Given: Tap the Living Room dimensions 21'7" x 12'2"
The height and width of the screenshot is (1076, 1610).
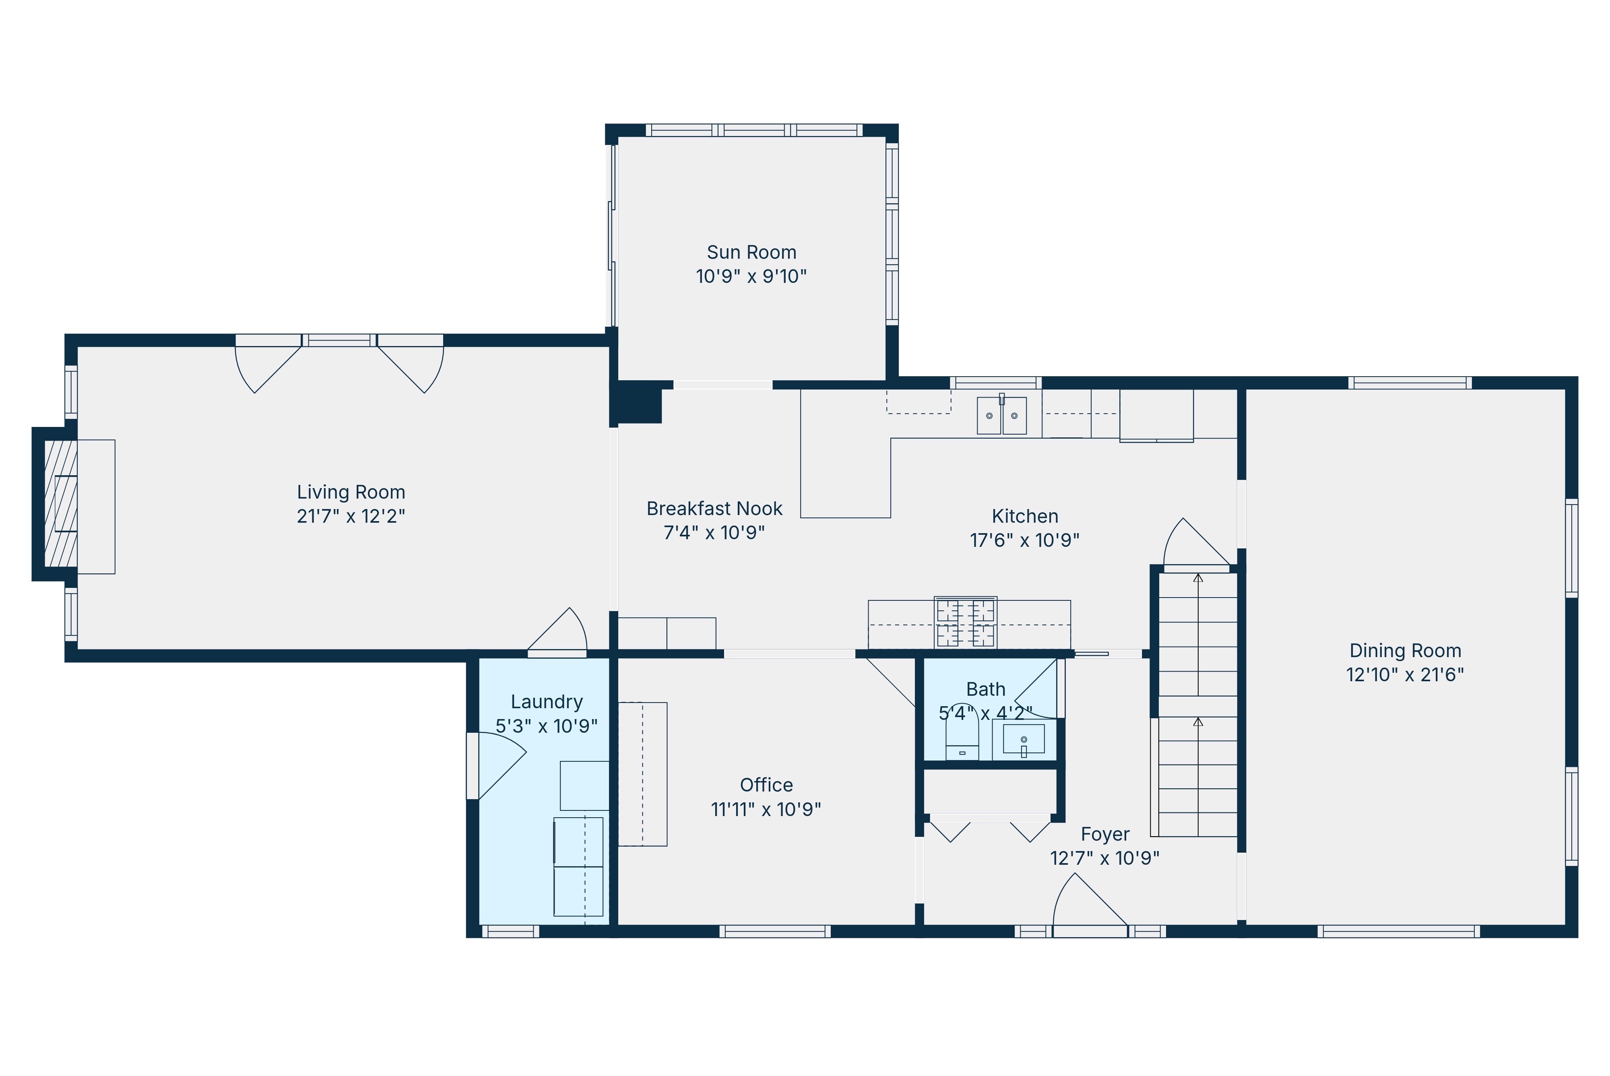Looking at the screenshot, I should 351,516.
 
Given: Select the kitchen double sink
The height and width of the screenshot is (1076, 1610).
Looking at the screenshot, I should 1001,415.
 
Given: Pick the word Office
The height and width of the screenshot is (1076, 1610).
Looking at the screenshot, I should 766,785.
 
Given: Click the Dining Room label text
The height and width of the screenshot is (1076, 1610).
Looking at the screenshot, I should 1405,651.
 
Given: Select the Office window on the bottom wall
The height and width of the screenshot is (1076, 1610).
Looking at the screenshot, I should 775,931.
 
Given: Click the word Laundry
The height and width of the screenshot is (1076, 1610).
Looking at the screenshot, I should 546,702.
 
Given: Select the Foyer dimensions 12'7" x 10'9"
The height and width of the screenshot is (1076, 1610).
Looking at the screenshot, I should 1104,858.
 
